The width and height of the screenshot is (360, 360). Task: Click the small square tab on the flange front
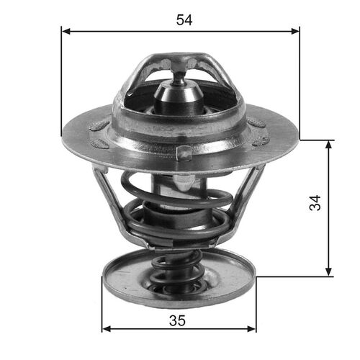[184, 153]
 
